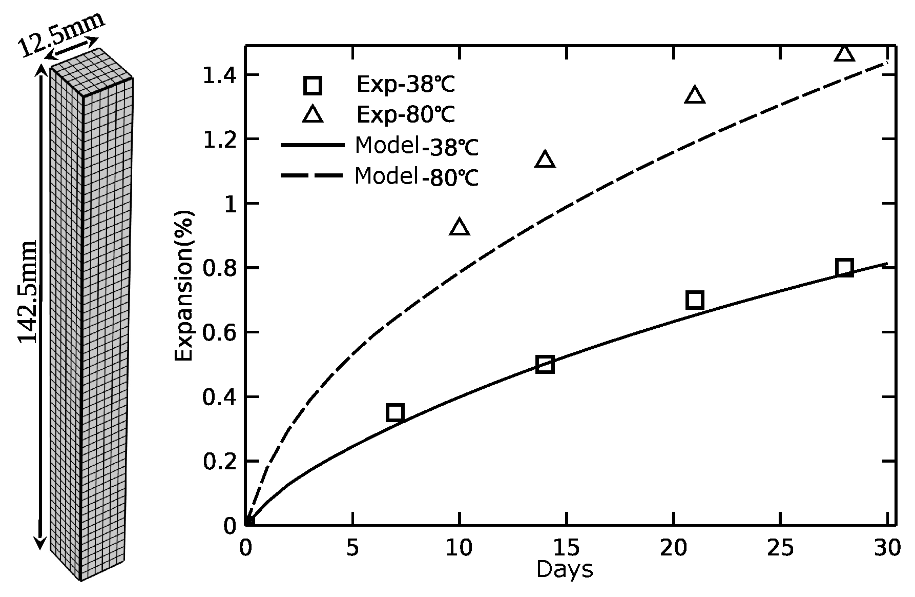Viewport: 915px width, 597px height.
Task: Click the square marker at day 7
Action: [395, 412]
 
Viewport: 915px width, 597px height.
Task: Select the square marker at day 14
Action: [545, 365]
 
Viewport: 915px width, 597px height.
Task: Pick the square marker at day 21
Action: [695, 300]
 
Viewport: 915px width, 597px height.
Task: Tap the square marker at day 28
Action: [844, 268]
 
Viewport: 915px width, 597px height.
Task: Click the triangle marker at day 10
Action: [460, 227]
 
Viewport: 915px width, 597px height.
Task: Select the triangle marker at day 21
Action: [695, 95]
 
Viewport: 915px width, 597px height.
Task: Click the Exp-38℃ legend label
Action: [405, 85]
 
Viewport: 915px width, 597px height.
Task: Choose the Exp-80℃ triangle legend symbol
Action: [313, 115]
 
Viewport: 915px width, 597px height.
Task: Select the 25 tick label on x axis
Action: [780, 548]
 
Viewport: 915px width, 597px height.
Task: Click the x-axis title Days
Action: [565, 570]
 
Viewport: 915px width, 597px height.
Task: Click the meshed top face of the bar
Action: [93, 72]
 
